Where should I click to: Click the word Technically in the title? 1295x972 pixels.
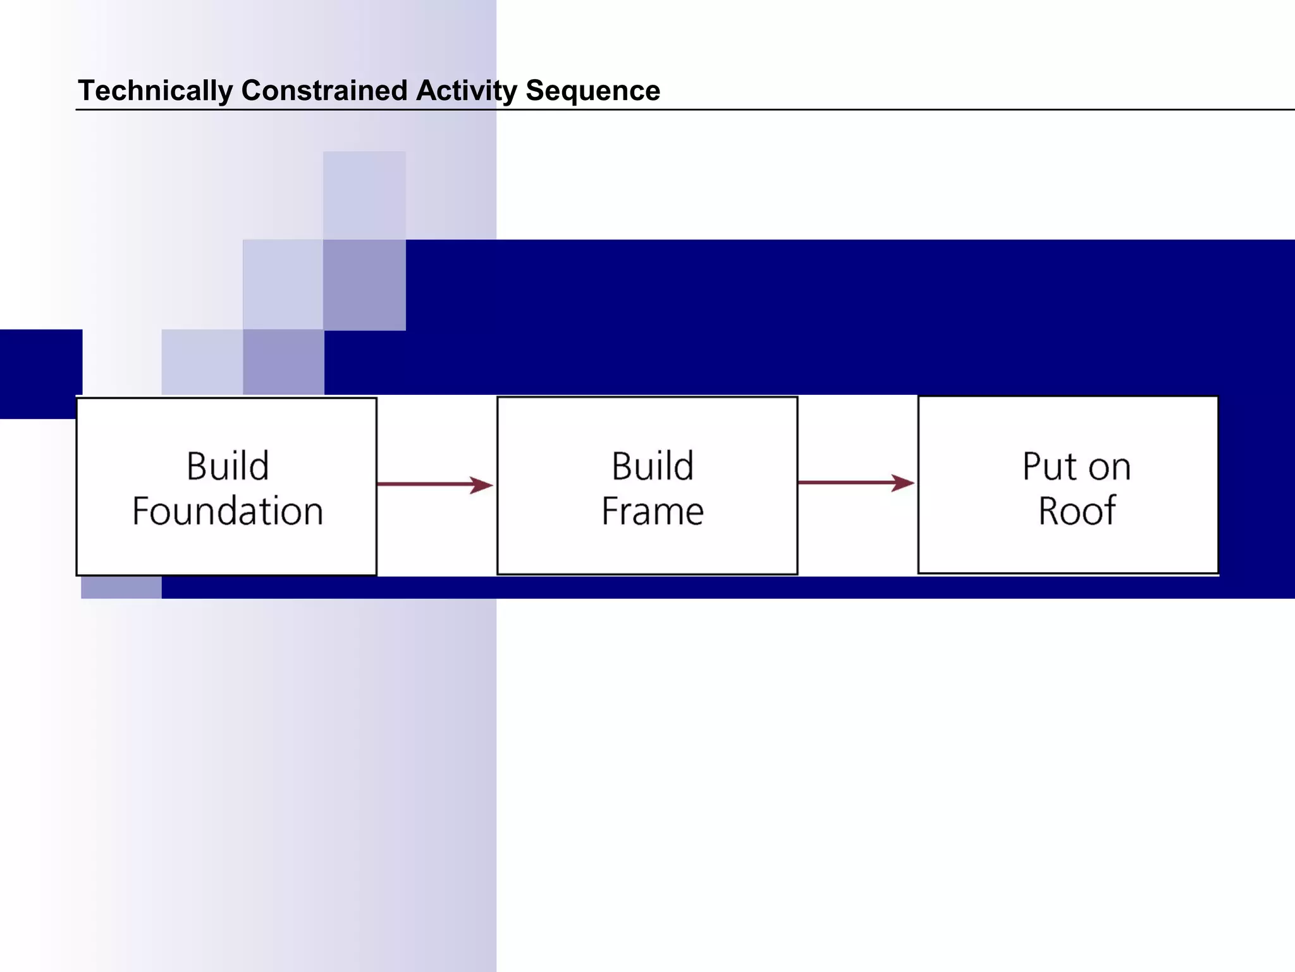pyautogui.click(x=155, y=90)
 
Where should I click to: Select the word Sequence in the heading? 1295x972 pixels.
pyautogui.click(x=592, y=90)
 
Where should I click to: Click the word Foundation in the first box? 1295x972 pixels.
pyautogui.click(x=228, y=511)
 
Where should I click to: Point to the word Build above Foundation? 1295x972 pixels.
pyautogui.click(x=228, y=466)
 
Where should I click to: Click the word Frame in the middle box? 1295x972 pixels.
pyautogui.click(x=652, y=511)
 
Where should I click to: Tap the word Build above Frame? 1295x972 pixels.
pyautogui.click(x=652, y=466)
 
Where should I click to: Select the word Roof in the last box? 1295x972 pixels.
pyautogui.click(x=1077, y=511)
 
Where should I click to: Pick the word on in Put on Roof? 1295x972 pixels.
pyautogui.click(x=1110, y=468)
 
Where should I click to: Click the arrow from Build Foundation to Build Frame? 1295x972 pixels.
pyautogui.click(x=430, y=485)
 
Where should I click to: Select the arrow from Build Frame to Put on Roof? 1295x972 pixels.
pyautogui.click(x=850, y=483)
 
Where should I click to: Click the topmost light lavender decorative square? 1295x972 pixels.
pyautogui.click(x=364, y=195)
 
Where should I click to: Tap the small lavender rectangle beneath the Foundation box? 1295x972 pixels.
pyautogui.click(x=121, y=587)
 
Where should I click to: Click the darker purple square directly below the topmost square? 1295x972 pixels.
pyautogui.click(x=364, y=285)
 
